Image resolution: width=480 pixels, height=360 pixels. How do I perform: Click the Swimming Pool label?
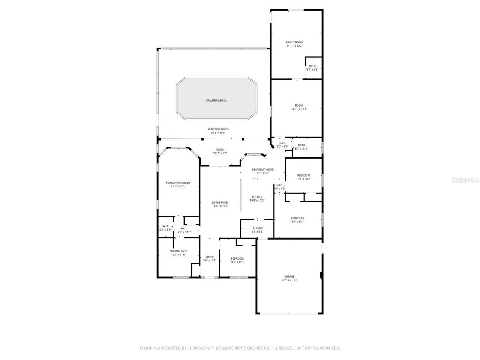[x=216, y=100]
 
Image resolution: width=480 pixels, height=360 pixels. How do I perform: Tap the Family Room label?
[x=294, y=42]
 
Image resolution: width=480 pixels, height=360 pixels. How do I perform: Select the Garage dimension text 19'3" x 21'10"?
[x=289, y=280]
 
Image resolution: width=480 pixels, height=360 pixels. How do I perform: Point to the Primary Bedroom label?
[x=178, y=183]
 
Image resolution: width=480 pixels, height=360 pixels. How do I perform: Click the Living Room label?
[x=220, y=202]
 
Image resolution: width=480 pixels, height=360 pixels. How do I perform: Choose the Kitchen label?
[x=257, y=197]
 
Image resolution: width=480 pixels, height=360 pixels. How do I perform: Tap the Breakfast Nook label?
[x=263, y=169]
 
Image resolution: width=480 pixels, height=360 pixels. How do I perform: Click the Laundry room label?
[x=257, y=228]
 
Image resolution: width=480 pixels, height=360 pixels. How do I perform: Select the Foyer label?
[x=210, y=257]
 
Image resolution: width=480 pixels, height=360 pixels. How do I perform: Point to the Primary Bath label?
[x=178, y=251]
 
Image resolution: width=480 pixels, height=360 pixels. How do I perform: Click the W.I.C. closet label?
[x=166, y=226]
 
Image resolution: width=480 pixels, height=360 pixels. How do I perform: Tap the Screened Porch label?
[x=218, y=129]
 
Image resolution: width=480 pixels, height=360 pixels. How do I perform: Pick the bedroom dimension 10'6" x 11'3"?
[x=237, y=262]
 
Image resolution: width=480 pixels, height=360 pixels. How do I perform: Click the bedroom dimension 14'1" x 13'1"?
[x=297, y=222]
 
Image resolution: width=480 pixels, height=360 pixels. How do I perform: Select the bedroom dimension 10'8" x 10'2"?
[x=304, y=179]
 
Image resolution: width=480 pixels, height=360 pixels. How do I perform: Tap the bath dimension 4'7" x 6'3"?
[x=312, y=69]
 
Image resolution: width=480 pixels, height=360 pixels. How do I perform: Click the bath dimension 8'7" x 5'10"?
[x=301, y=148]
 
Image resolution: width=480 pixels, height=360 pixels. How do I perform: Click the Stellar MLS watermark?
[x=465, y=180]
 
